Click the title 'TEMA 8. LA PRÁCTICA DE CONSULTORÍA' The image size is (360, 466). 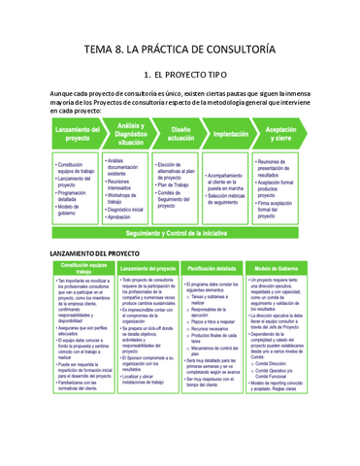click(180, 48)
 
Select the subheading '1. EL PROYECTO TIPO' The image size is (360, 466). click(180, 74)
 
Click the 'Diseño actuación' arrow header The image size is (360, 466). click(180, 134)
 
